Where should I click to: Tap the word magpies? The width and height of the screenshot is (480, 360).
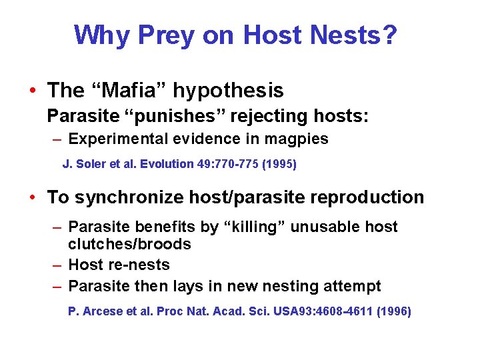(x=297, y=139)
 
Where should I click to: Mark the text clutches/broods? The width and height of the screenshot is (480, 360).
(x=129, y=244)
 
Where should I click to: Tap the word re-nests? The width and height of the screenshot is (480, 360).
(x=139, y=265)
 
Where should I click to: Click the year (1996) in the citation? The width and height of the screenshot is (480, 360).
(x=394, y=311)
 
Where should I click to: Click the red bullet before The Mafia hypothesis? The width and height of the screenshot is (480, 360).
(x=32, y=91)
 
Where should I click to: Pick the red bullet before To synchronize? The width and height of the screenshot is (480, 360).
(x=32, y=197)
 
